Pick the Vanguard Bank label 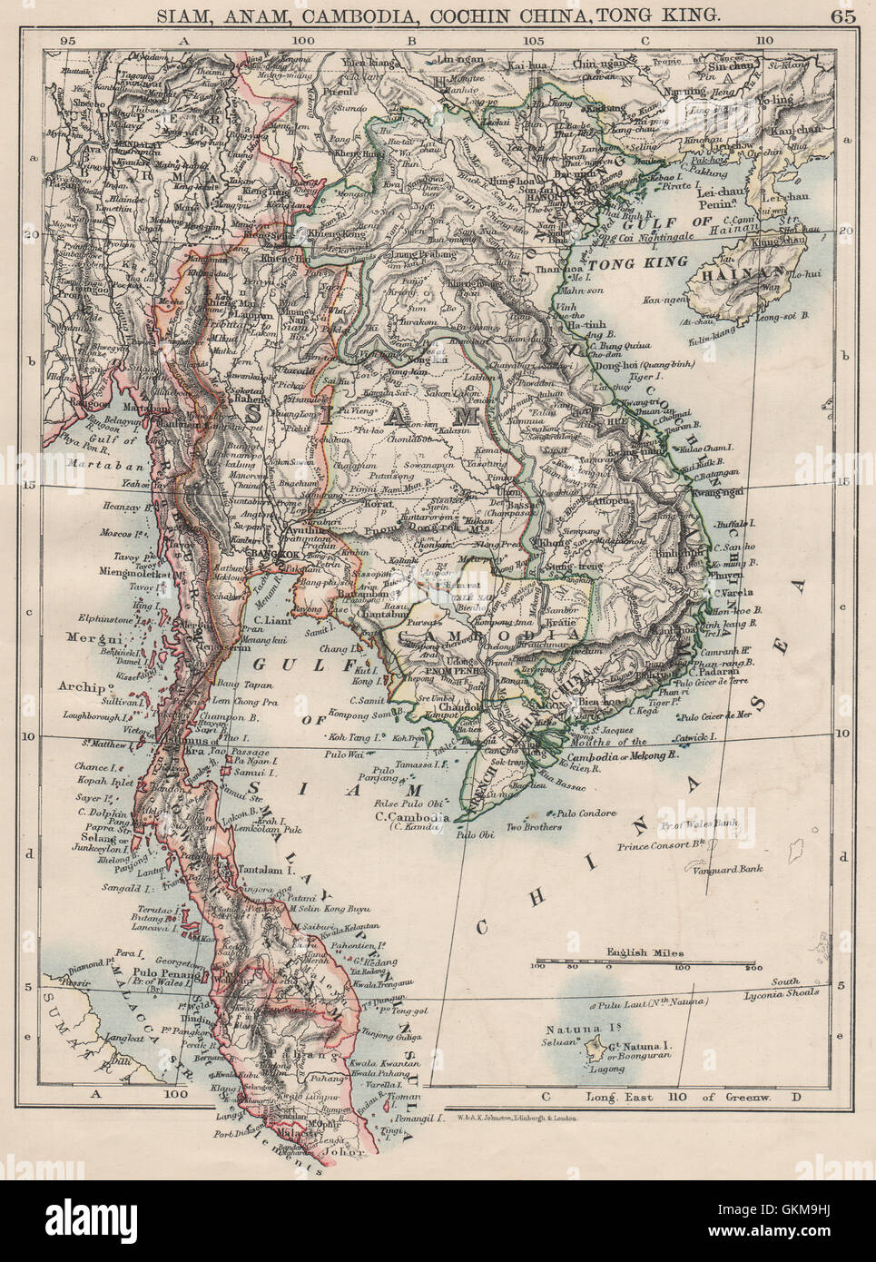click(x=725, y=869)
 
